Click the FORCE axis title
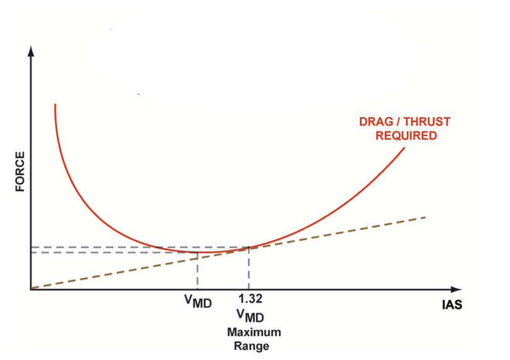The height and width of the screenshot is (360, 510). [20, 171]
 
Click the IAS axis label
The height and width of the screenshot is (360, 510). [453, 305]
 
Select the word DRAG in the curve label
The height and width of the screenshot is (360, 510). [374, 122]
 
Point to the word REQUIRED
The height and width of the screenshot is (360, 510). [406, 135]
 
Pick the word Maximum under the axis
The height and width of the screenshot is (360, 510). [253, 333]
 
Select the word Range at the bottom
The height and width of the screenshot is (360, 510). [251, 346]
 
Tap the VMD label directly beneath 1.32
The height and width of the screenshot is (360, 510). [250, 317]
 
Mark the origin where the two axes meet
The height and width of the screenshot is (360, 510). [30, 289]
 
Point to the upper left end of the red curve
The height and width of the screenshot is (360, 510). [56, 105]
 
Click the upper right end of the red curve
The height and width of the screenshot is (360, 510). [404, 148]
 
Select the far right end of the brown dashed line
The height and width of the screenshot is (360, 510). [426, 217]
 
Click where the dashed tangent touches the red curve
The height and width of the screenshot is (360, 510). [249, 247]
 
